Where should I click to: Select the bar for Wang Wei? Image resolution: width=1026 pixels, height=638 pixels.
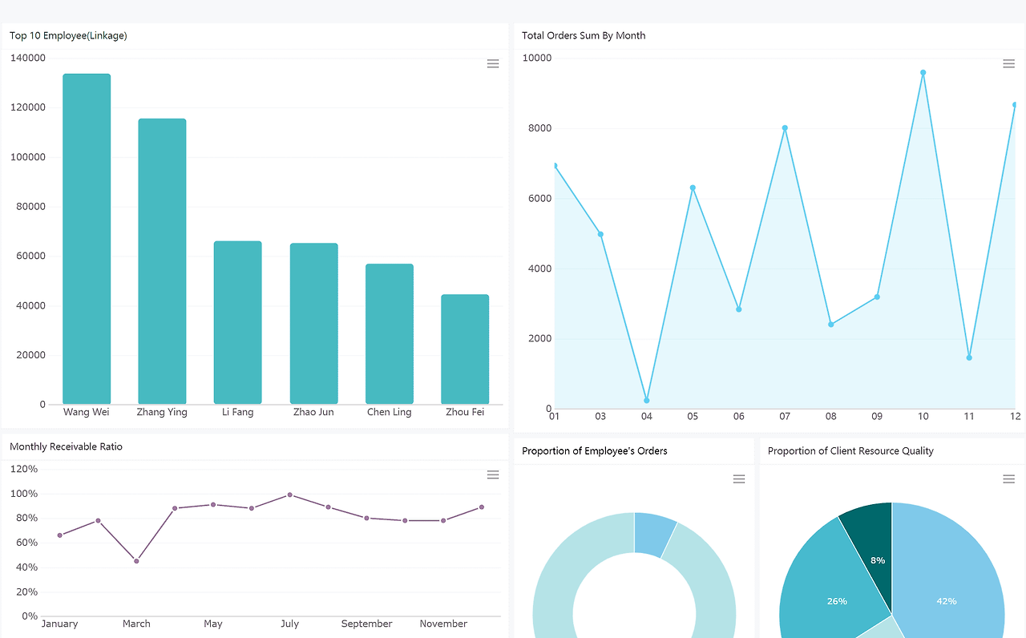point(87,239)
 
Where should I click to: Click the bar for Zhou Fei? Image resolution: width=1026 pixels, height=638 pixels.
point(465,349)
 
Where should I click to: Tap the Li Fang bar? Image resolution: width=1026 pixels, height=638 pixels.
point(238,322)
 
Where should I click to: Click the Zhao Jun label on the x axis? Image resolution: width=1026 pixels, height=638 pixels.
point(313,412)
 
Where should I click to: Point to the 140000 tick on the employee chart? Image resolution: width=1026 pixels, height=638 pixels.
point(28,58)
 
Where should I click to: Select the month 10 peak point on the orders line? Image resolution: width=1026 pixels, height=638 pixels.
point(923,73)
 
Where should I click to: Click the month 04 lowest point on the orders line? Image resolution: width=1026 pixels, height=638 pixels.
point(647,400)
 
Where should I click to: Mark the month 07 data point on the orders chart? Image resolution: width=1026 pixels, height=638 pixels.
point(785,128)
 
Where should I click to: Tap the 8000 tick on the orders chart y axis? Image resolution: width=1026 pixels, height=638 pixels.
point(539,128)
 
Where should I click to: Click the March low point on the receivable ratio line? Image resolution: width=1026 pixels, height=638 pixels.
point(136,561)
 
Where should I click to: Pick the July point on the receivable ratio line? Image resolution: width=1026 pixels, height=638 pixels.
point(290,495)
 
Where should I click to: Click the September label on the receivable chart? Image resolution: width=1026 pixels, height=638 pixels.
point(366,624)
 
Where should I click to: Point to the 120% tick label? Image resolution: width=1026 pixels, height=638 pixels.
point(24,469)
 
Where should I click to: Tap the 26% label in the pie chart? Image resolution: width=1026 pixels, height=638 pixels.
point(837,601)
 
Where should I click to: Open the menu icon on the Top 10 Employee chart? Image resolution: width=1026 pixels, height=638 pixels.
point(493,63)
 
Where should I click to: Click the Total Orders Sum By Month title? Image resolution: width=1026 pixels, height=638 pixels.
point(584,36)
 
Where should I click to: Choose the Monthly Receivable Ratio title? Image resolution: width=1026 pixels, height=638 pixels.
point(66,447)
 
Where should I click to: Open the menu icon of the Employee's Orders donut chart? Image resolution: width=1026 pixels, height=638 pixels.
point(739,479)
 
